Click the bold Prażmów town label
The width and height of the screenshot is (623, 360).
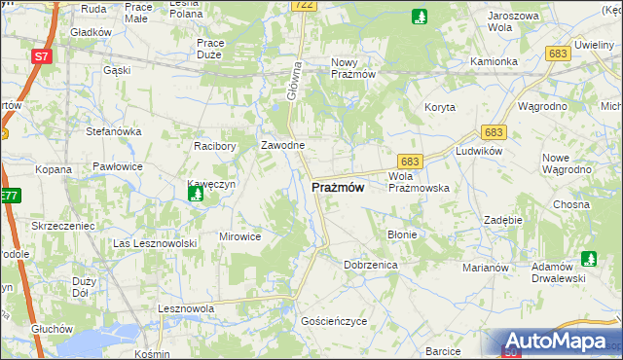(x=339, y=188)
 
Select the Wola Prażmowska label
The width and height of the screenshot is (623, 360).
(x=418, y=182)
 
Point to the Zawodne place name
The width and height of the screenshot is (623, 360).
(x=282, y=145)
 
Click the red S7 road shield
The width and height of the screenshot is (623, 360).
(x=41, y=56)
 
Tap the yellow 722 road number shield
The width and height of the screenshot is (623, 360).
(x=303, y=6)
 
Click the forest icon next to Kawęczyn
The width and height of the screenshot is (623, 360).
(x=197, y=195)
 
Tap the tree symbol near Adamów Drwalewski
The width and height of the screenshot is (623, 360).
(x=588, y=259)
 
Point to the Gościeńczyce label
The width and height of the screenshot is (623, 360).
(x=334, y=320)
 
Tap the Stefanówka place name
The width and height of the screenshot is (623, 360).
(x=114, y=130)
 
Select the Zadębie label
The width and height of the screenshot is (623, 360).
(x=503, y=221)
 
